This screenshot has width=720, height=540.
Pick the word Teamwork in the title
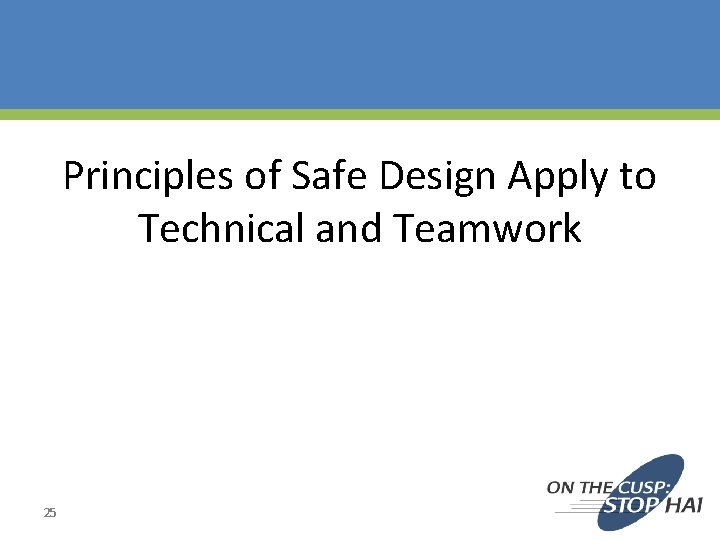(487, 229)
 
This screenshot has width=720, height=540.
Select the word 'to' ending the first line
(638, 177)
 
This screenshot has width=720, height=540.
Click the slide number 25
(50, 513)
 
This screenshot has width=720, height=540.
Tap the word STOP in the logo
(630, 506)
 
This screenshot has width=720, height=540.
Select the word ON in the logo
(561, 488)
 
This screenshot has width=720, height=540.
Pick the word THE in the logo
(596, 488)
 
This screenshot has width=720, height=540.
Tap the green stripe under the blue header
(360, 115)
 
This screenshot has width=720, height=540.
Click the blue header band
(360, 54)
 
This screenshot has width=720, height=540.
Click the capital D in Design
(391, 177)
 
